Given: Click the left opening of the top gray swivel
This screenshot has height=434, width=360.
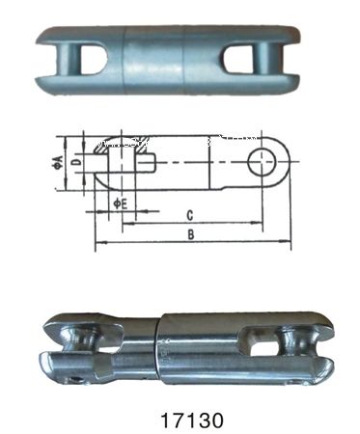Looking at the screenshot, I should point(90,61).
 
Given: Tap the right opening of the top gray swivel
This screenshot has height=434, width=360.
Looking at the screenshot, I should point(242,61).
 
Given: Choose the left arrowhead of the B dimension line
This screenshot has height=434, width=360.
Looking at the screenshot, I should point(98,245).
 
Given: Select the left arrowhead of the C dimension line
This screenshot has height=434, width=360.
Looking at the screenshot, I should point(125,223).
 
